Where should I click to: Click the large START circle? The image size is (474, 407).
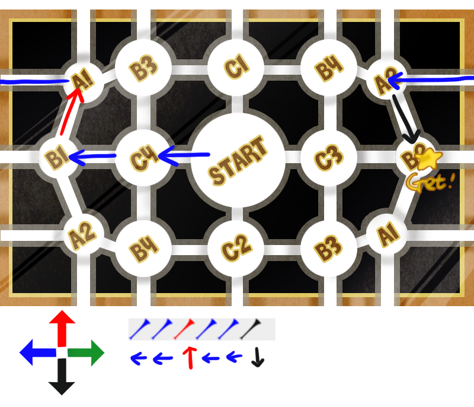(x=238, y=161)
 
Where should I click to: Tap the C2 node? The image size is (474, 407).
(x=236, y=249)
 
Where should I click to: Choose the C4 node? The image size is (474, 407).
(x=143, y=158)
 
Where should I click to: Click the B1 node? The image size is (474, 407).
(x=57, y=158)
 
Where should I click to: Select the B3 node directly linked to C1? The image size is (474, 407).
(x=143, y=69)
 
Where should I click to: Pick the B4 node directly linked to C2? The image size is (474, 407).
(x=143, y=249)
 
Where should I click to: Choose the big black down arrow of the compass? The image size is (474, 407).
(x=62, y=379)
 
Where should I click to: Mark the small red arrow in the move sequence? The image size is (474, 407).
(x=190, y=358)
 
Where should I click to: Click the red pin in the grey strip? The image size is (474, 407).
(x=187, y=329)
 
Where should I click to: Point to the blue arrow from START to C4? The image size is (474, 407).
(x=184, y=157)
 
